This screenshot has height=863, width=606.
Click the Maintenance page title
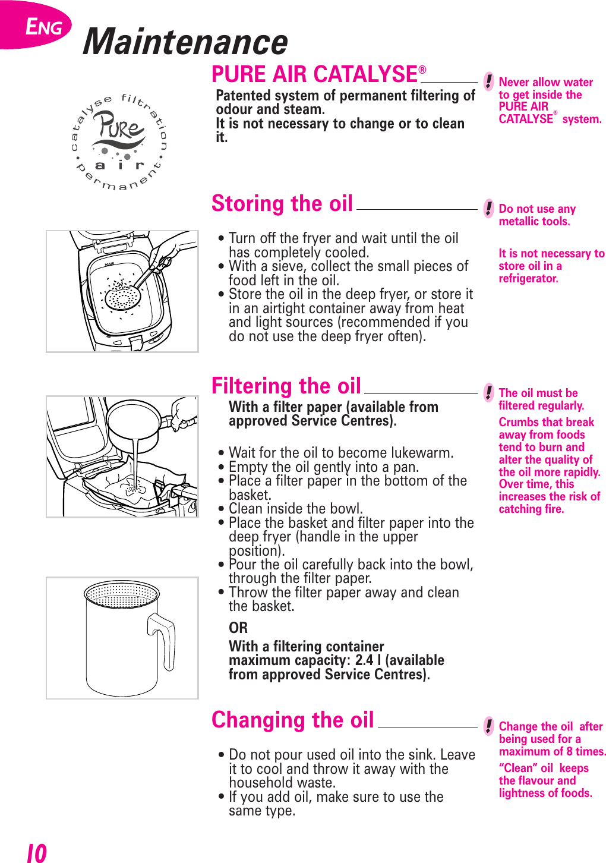(x=185, y=42)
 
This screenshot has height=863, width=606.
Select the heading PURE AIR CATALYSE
(x=315, y=75)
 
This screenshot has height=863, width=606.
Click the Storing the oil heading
(x=282, y=204)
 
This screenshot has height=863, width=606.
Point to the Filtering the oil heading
(x=286, y=386)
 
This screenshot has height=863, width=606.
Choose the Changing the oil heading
(x=293, y=720)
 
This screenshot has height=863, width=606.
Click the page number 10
(x=37, y=853)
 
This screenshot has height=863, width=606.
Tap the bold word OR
(x=238, y=628)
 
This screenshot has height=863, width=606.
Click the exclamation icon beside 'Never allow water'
(x=488, y=81)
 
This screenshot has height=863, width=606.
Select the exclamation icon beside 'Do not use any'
(x=488, y=208)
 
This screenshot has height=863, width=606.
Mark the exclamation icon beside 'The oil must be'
(x=488, y=392)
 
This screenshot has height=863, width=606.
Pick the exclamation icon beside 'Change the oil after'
(x=488, y=726)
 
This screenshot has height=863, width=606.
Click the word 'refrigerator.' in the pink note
(x=528, y=279)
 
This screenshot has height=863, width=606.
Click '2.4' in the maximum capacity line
(x=364, y=660)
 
